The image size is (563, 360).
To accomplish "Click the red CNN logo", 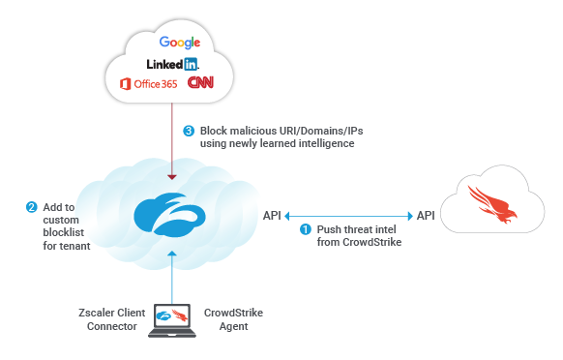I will [200, 84].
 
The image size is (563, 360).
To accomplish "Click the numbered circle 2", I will [31, 207].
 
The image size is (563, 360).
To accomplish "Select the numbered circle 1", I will [306, 229].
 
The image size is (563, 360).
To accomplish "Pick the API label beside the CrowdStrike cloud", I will [427, 214].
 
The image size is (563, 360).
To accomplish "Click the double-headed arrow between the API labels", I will [349, 214].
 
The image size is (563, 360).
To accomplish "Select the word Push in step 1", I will [331, 229].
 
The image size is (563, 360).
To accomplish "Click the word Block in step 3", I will [216, 130].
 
